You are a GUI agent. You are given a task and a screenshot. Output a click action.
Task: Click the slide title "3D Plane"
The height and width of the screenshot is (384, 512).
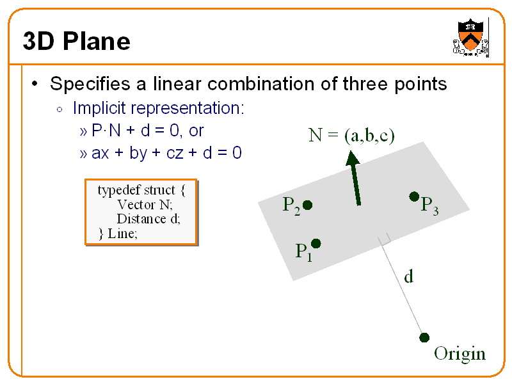point(76,42)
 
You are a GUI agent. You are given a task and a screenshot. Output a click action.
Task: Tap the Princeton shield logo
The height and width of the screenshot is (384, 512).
point(471,38)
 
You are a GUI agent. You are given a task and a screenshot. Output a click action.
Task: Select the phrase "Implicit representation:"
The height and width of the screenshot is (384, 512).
point(158,108)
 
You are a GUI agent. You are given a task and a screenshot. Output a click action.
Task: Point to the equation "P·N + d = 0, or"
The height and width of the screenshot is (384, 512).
point(148,131)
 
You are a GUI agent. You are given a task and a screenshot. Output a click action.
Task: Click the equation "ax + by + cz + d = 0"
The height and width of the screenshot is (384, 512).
point(166,154)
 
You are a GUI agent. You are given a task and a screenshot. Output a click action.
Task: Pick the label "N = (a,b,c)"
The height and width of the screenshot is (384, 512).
point(351,135)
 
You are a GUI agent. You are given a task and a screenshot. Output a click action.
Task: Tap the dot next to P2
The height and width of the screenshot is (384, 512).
point(307,205)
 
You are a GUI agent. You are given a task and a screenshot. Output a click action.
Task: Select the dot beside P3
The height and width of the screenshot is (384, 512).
point(414,196)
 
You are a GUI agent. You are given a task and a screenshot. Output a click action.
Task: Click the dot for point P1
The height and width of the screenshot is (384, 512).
point(316,243)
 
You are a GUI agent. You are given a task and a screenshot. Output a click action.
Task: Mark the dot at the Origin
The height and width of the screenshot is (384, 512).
point(424,337)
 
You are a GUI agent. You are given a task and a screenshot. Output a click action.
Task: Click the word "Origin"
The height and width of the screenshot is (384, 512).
point(460,354)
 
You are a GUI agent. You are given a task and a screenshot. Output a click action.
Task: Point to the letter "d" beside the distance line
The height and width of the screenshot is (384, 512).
point(408,276)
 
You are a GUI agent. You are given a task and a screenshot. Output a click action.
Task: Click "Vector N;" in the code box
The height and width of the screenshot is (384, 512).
point(145,205)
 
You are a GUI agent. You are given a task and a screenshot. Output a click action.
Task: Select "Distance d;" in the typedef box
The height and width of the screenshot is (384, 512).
point(148,219)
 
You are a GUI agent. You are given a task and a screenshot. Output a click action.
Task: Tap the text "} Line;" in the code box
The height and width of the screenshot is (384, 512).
point(118,233)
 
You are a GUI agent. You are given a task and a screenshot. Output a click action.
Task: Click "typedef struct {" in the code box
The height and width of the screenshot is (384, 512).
point(141,190)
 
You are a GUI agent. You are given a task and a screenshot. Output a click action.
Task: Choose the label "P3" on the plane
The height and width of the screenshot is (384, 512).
point(429,205)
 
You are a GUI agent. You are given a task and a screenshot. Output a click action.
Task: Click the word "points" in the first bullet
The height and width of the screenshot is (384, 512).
point(417,84)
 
